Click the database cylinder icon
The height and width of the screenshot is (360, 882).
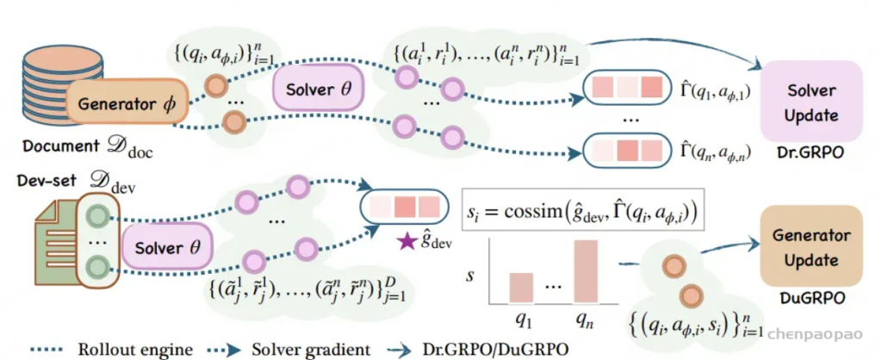(x=63, y=84)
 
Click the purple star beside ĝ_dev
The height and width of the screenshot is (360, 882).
(x=405, y=242)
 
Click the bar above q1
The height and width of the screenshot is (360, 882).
(x=521, y=288)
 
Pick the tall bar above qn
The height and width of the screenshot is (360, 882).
(x=586, y=271)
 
